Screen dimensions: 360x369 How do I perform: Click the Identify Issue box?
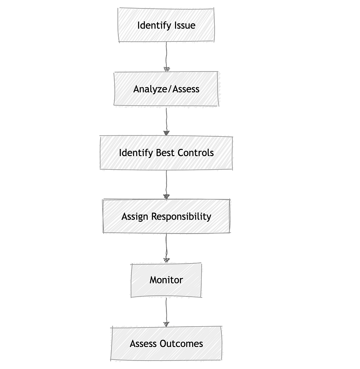(x=166, y=25)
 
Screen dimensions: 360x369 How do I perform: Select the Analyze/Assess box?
(x=166, y=89)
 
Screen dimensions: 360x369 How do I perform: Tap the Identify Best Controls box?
(x=166, y=153)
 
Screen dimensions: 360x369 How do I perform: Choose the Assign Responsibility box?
(x=166, y=216)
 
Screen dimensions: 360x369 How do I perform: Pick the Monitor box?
(x=166, y=280)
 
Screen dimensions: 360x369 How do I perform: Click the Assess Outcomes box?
(x=166, y=344)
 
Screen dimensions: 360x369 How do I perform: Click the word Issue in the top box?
(x=184, y=25)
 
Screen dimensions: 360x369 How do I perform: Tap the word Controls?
(x=196, y=153)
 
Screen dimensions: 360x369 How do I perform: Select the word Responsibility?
(x=181, y=217)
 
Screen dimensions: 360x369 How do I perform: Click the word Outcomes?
(x=181, y=344)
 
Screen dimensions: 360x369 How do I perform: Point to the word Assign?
(x=135, y=217)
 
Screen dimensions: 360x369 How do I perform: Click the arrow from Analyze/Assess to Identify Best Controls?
(x=166, y=121)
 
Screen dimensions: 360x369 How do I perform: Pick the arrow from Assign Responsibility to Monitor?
(x=166, y=248)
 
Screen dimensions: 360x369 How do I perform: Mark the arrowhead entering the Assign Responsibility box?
(x=166, y=197)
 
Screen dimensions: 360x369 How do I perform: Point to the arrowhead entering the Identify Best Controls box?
(x=166, y=133)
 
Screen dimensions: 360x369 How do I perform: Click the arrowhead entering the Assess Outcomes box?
(x=166, y=324)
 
